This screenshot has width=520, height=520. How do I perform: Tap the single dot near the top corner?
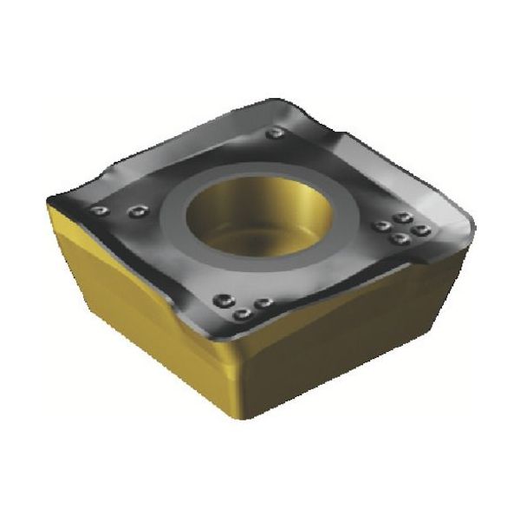[276, 133]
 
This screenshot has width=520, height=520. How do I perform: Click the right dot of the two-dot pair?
[135, 210]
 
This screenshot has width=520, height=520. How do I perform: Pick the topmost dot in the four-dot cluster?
[400, 218]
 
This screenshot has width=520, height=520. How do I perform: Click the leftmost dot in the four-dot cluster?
[380, 226]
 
